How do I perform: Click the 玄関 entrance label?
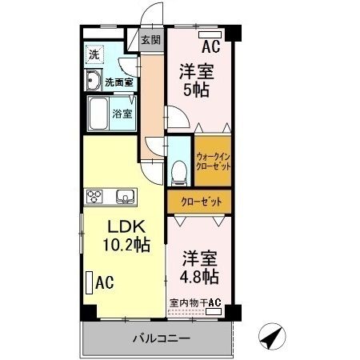[x=150, y=41]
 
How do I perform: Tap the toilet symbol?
[x=180, y=171]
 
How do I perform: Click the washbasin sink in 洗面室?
[x=93, y=80]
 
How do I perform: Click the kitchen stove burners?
[x=96, y=196]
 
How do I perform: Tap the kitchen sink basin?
[x=126, y=196]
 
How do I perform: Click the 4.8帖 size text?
[x=199, y=277]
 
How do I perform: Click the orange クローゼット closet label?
[x=200, y=201]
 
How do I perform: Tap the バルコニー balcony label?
[x=161, y=338]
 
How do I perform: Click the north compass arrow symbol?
[x=273, y=337]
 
